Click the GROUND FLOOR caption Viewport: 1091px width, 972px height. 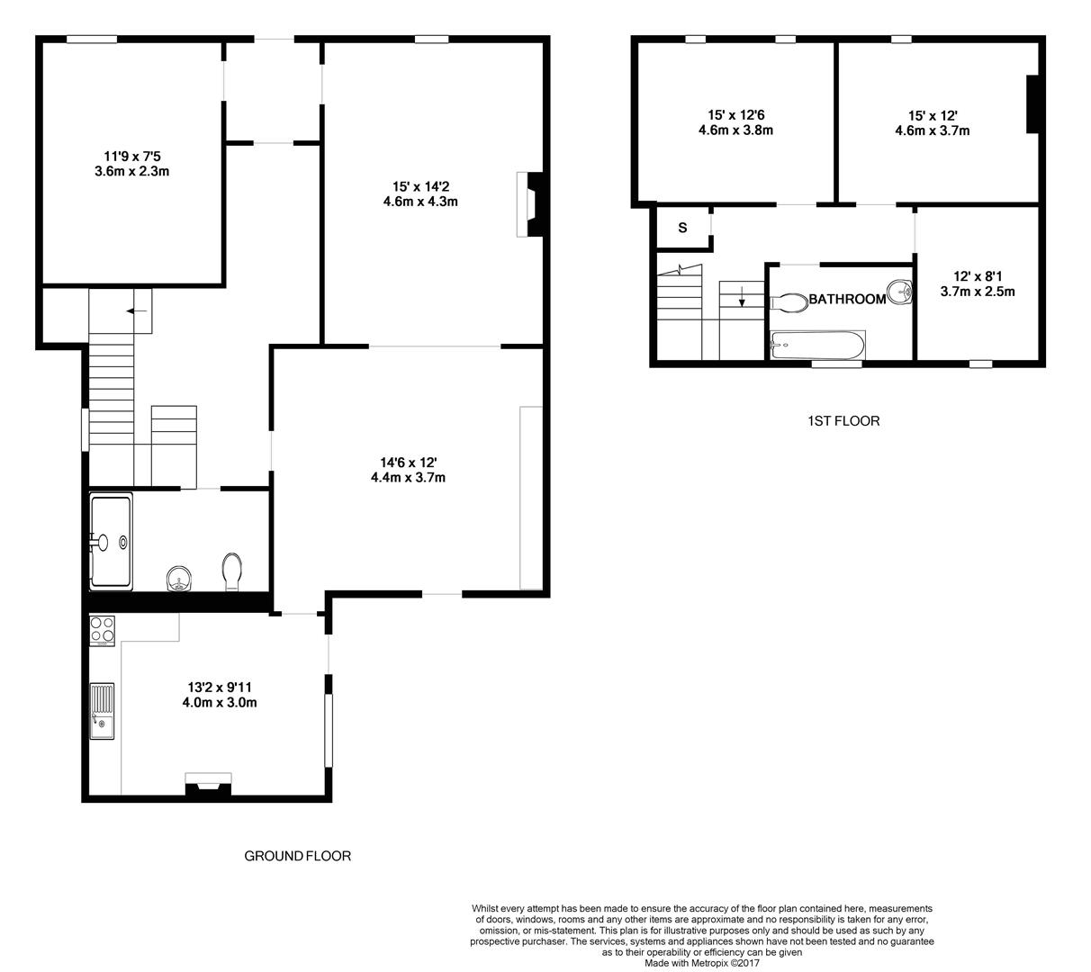click(x=297, y=856)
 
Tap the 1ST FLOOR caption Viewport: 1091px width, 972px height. click(x=843, y=420)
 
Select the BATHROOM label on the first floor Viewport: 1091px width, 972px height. click(x=847, y=299)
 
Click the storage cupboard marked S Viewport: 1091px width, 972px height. click(x=683, y=227)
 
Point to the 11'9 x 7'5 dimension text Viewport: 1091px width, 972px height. click(x=132, y=157)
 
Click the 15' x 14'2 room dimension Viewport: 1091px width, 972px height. click(x=420, y=187)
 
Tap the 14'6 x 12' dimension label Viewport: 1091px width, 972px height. click(x=408, y=463)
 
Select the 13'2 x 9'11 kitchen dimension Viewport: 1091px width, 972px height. click(x=220, y=687)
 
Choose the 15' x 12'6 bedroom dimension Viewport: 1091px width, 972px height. click(x=736, y=114)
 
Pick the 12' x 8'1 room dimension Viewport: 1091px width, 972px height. click(x=978, y=276)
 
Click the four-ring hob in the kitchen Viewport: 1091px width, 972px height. click(x=103, y=631)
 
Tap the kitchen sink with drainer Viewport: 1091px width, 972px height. click(x=103, y=711)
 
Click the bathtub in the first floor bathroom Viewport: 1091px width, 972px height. click(x=817, y=346)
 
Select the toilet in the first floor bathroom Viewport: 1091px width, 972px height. click(x=789, y=302)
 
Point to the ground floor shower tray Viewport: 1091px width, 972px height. click(x=111, y=542)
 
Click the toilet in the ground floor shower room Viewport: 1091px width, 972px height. click(x=232, y=571)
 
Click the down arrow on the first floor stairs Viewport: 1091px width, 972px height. click(x=742, y=297)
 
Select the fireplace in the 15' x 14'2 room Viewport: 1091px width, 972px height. click(x=530, y=204)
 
